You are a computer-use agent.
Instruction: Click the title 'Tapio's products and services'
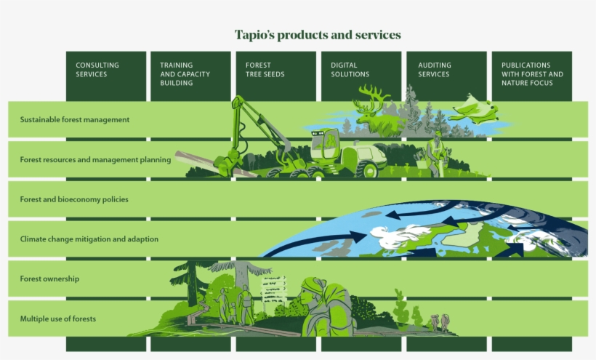tap(318, 35)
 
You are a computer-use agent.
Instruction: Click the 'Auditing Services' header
tap(434, 70)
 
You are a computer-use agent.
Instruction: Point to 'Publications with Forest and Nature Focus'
tap(532, 74)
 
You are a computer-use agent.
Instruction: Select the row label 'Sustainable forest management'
tap(75, 119)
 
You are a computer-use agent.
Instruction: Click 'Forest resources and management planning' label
tap(95, 159)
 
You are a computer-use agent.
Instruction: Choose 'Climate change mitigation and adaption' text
tap(89, 239)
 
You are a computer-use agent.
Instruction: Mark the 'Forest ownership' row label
tap(50, 279)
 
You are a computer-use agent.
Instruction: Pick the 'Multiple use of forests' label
tap(58, 319)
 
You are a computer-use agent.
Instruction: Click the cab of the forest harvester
tap(326, 143)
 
